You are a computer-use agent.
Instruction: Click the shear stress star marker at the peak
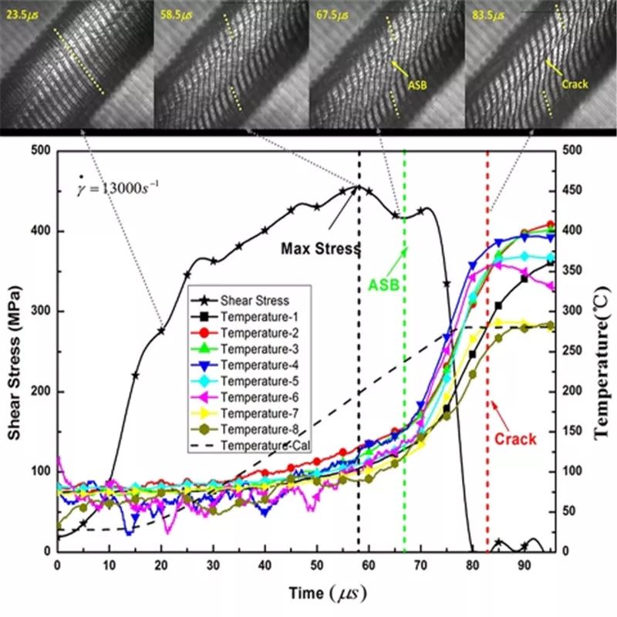click(358, 186)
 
